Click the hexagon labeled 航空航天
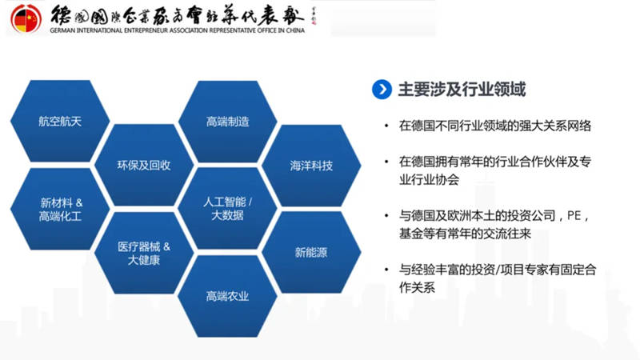click(x=60, y=122)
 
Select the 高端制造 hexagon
click(x=227, y=122)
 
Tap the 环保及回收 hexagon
click(x=144, y=166)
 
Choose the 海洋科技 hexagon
click(x=311, y=166)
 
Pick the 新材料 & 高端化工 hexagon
click(x=60, y=210)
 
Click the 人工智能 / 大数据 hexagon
click(x=227, y=209)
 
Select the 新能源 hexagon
click(x=311, y=253)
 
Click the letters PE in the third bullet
click(x=574, y=216)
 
